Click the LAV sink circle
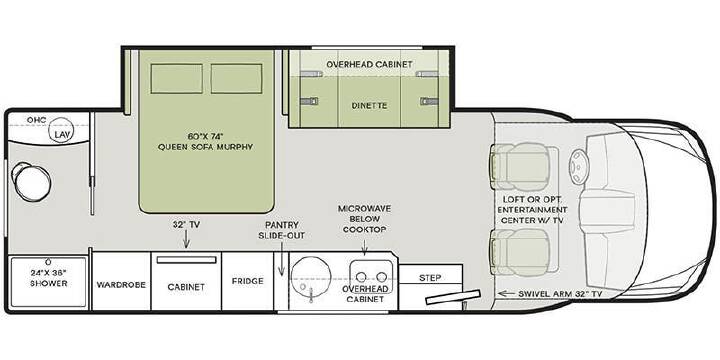[x=61, y=130]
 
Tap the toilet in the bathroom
[x=31, y=182]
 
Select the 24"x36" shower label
[x=49, y=277]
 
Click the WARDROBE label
[x=121, y=285]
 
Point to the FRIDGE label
[x=248, y=281]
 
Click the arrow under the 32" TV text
[x=186, y=240]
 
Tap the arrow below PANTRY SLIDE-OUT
[x=282, y=259]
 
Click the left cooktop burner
[x=361, y=277]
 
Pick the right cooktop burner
[x=382, y=277]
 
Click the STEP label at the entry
[x=430, y=278]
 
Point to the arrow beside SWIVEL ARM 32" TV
[x=506, y=293]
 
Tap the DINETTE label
[x=370, y=106]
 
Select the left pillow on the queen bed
[x=176, y=79]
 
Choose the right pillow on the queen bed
[x=236, y=79]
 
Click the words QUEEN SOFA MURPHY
[x=205, y=147]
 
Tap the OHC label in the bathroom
[x=36, y=120]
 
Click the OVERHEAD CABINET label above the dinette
[x=370, y=64]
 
